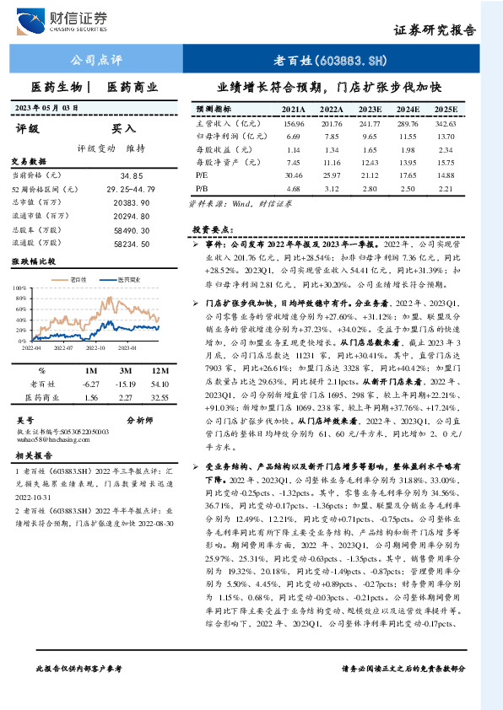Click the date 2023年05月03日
coord(47,108)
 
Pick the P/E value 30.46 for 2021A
coord(294,175)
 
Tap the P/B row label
coord(202,188)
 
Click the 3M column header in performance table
coord(126,371)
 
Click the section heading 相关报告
coord(35,456)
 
